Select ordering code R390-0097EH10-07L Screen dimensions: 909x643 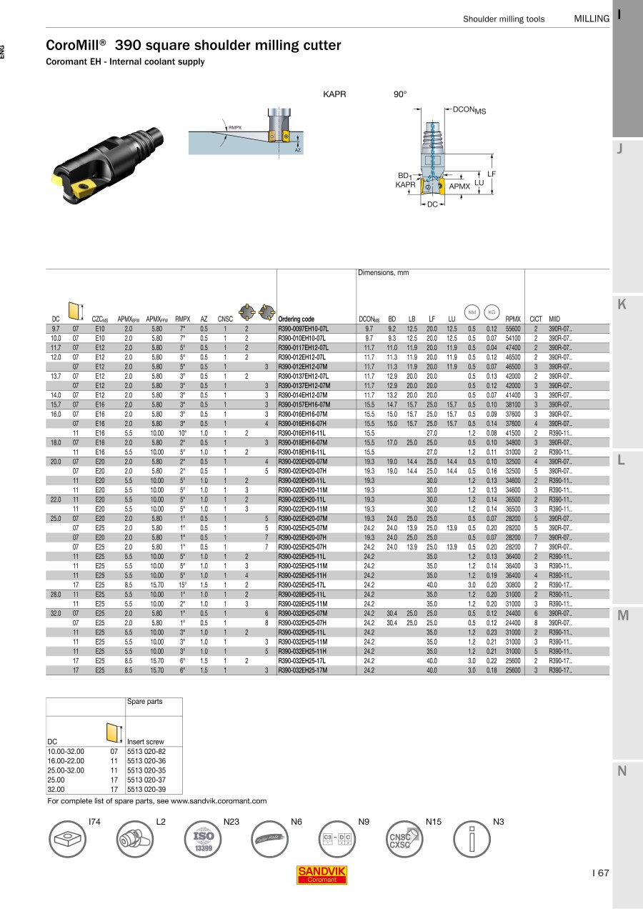pyautogui.click(x=303, y=329)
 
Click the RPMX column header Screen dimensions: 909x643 pyautogui.click(x=513, y=319)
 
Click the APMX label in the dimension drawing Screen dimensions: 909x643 pyautogui.click(x=459, y=187)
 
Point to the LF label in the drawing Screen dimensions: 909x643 pyautogui.click(x=492, y=174)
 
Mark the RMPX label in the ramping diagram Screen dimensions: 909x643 pyautogui.click(x=235, y=127)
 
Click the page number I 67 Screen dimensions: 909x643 pyautogui.click(x=600, y=873)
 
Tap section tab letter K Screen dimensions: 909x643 pyautogui.click(x=622, y=304)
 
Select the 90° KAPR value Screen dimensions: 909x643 pyautogui.click(x=400, y=94)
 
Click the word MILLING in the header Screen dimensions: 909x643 pyautogui.click(x=592, y=19)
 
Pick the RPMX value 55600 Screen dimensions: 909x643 pyautogui.click(x=513, y=329)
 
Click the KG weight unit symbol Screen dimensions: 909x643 pyautogui.click(x=492, y=312)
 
